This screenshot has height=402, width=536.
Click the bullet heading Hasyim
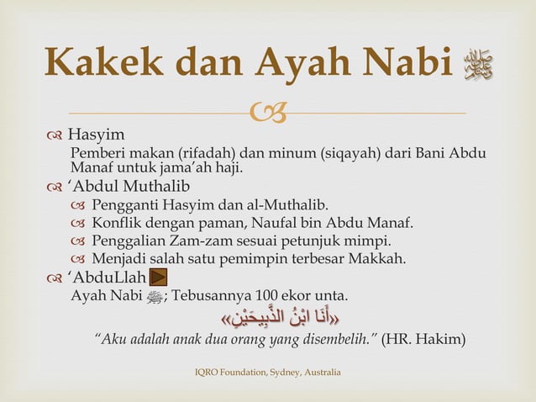click(x=96, y=135)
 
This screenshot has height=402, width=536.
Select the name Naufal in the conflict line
click(x=281, y=223)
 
